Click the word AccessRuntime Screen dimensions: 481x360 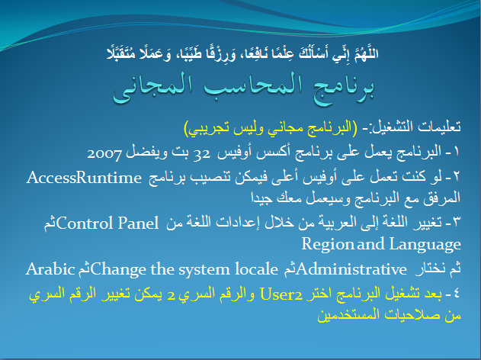(84, 178)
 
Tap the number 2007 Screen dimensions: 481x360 (104, 153)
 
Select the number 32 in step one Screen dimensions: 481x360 (202, 153)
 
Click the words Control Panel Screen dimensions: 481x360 (107, 223)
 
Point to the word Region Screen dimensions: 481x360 (327, 245)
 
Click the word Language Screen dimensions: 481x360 (425, 245)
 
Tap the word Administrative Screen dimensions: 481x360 (351, 269)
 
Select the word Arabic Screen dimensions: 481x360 (50, 269)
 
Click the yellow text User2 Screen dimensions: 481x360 (281, 294)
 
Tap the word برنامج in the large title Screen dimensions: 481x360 (339, 88)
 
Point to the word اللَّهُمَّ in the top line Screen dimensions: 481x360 (366, 53)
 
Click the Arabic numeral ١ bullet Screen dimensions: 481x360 (456, 151)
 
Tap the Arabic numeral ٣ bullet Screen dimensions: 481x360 (457, 222)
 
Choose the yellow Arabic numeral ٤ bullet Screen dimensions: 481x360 (457, 294)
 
